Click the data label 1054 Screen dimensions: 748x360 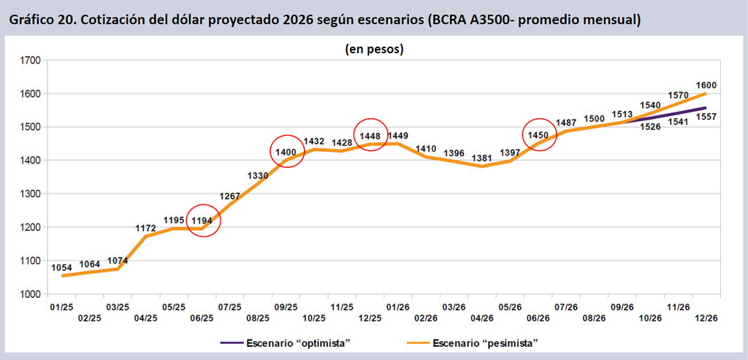click(x=61, y=267)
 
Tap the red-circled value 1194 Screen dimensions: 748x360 click(x=202, y=221)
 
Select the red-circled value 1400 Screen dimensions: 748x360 click(x=286, y=152)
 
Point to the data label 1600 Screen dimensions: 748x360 click(x=706, y=85)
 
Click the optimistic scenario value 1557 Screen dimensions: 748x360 click(x=706, y=116)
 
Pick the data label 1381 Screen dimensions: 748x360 click(x=481, y=158)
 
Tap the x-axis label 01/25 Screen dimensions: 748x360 click(x=61, y=306)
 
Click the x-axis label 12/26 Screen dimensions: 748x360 click(x=706, y=318)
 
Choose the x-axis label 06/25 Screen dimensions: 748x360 click(x=202, y=318)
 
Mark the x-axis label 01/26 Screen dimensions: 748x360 click(x=398, y=306)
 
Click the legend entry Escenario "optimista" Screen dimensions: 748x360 click(x=286, y=342)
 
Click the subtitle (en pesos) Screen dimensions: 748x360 click(x=374, y=49)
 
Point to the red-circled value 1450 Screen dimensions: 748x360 click(x=538, y=135)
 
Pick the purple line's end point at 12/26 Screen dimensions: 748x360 click(x=706, y=108)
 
